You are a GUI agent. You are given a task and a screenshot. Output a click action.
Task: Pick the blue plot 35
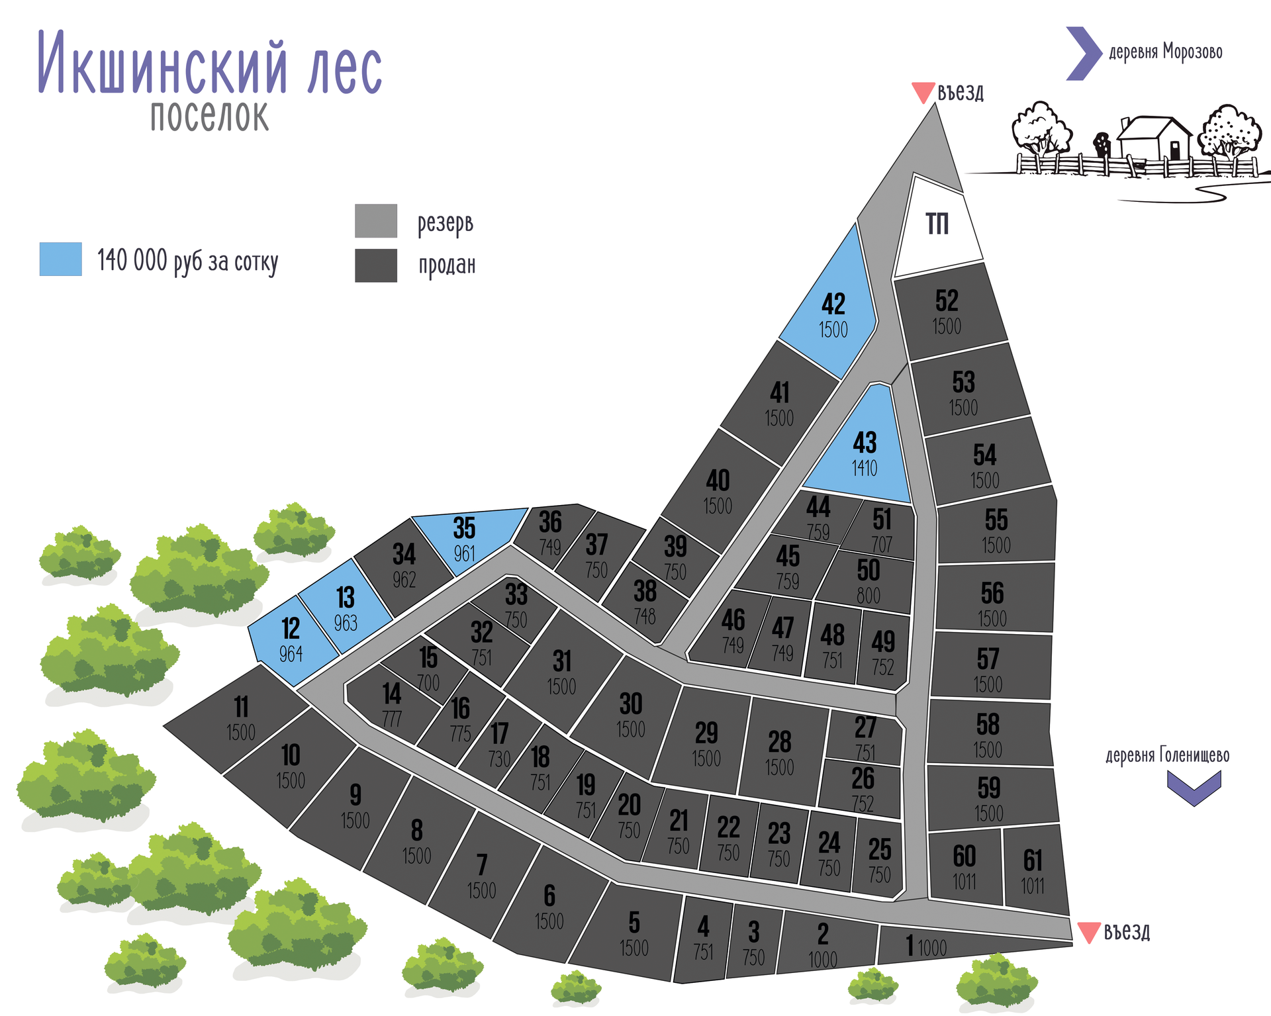pos(467,536)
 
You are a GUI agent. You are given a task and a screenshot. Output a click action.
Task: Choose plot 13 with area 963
pos(345,606)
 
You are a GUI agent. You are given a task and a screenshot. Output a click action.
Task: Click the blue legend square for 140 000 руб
pos(60,259)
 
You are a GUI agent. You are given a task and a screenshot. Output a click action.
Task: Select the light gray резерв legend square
pos(376,220)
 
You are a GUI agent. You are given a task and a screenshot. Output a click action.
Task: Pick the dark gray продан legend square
pos(376,265)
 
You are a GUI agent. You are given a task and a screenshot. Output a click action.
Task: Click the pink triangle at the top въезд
pos(923,91)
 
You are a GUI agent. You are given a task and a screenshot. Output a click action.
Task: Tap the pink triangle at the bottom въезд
pos(1089,931)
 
